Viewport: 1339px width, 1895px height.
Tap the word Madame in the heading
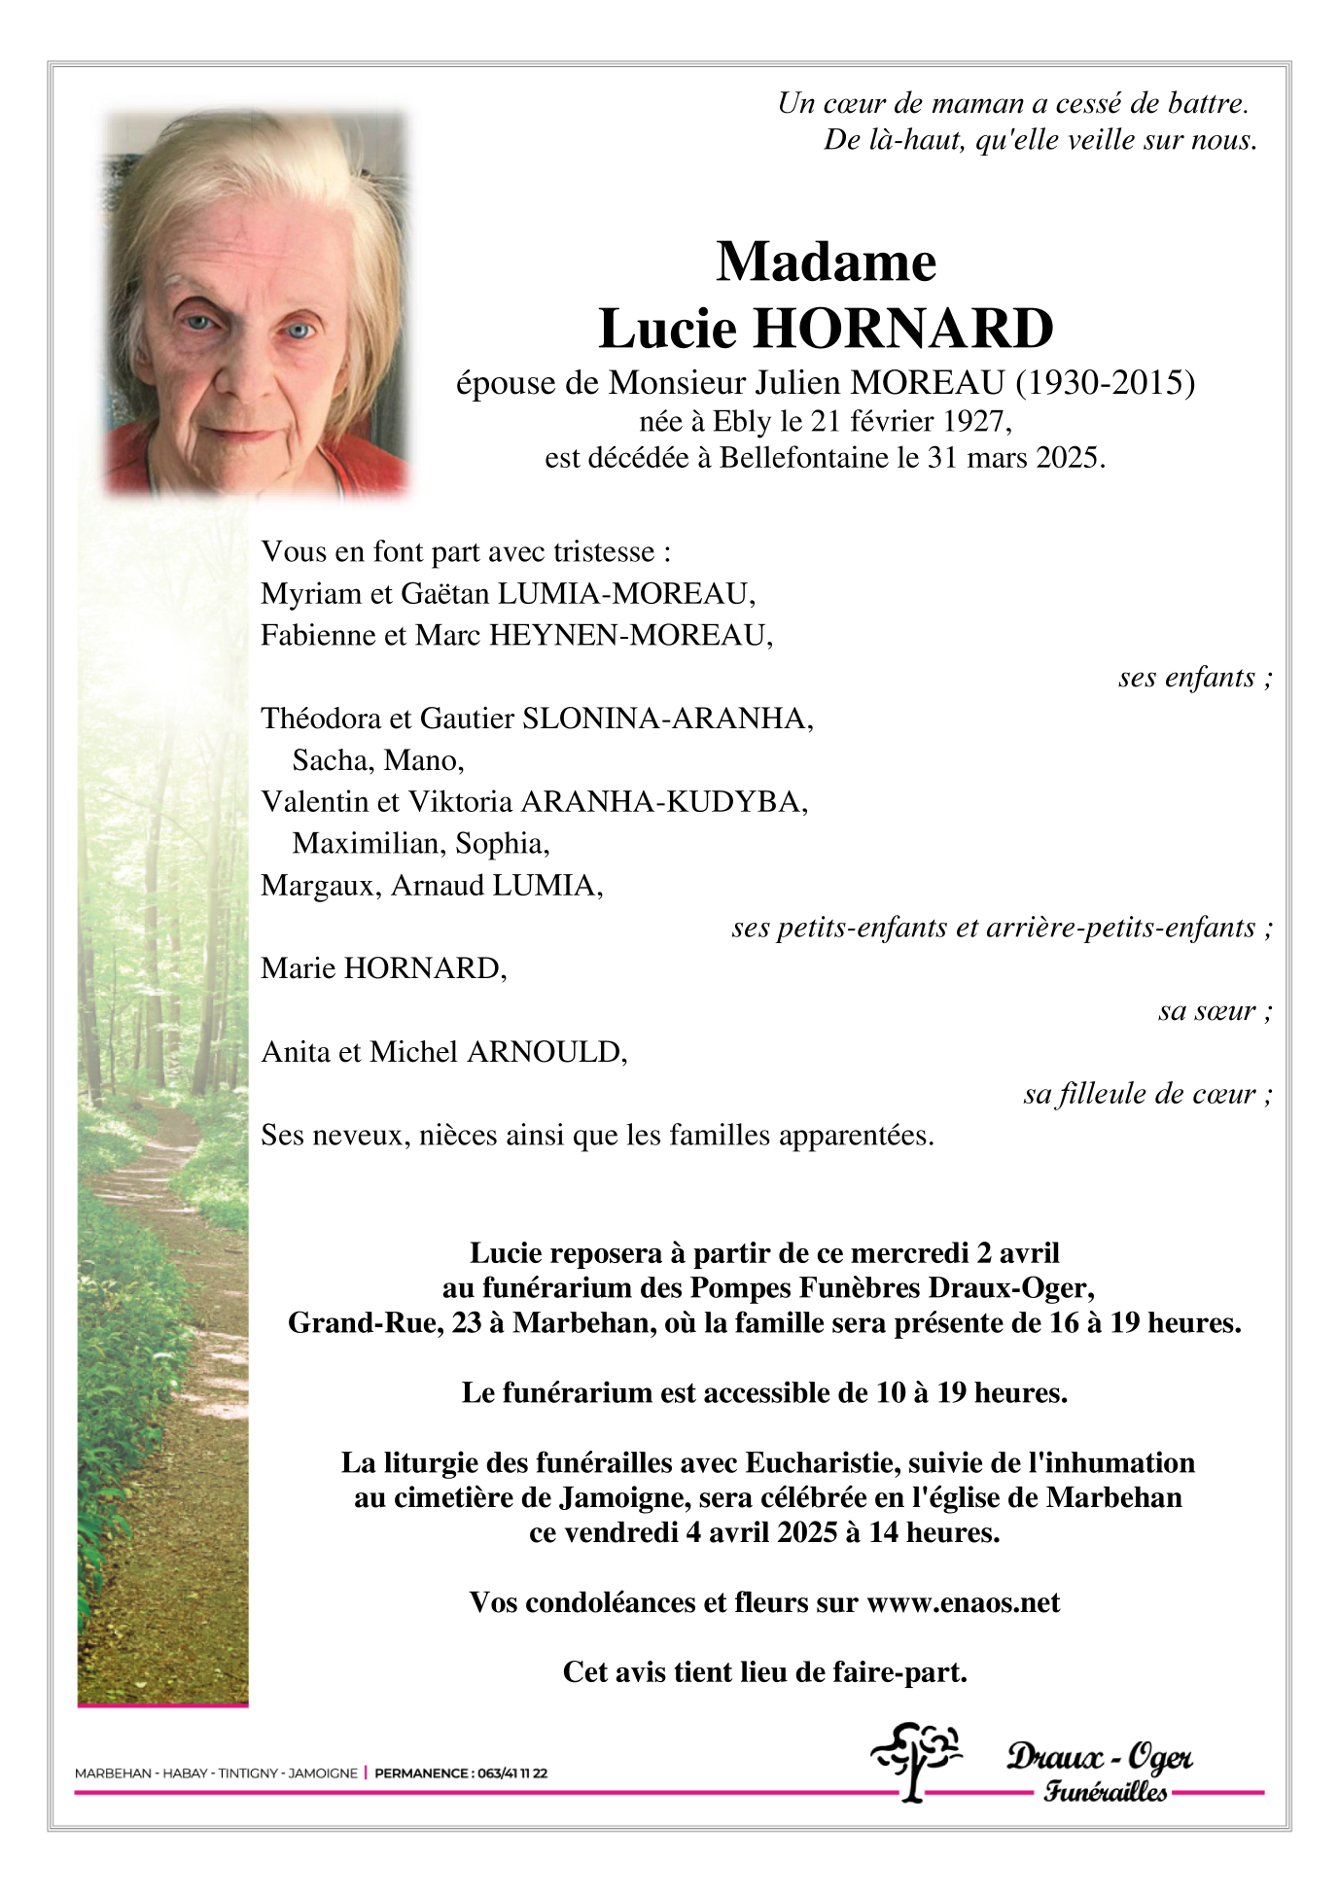[x=826, y=262]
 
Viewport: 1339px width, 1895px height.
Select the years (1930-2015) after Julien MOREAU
[x=1105, y=383]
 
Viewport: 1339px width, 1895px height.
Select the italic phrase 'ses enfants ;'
[x=1194, y=677]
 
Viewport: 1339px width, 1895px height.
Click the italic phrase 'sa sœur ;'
[x=1214, y=1011]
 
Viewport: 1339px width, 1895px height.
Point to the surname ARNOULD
[x=546, y=1052]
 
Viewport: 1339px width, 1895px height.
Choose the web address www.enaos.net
[x=963, y=1602]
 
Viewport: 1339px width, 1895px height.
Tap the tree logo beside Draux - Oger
[x=914, y=1761]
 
